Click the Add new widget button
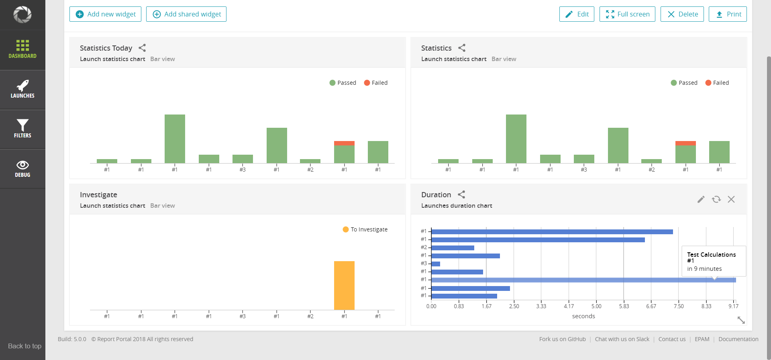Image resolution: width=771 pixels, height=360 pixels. coord(105,14)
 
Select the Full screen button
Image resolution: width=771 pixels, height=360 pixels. coord(627,14)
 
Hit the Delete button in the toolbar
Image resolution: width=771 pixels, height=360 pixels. coord(682,14)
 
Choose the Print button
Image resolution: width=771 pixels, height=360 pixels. coord(728,14)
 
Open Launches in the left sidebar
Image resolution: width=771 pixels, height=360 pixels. coord(22,90)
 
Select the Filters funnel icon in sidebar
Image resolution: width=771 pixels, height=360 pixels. coord(22,125)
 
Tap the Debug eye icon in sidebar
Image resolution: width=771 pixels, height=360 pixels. coord(22,165)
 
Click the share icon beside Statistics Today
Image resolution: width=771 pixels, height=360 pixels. coord(142,48)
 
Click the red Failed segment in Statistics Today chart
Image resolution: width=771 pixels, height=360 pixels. coord(344,143)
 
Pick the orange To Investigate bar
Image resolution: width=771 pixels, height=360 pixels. coord(344,285)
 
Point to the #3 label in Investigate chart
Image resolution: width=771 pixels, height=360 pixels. coord(243,316)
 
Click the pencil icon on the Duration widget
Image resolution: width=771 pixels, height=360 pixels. coord(701,199)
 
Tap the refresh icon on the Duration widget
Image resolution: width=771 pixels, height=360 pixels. coord(716,199)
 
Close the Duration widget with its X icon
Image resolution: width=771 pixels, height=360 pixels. coord(731,199)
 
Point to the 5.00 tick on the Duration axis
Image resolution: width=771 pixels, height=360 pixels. coord(596,306)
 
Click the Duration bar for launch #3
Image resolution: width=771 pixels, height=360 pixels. coord(436,264)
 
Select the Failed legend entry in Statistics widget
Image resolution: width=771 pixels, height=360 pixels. coord(717,83)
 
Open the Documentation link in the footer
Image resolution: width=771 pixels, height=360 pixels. coord(738,339)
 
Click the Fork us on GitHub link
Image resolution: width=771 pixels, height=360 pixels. coord(563,339)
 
